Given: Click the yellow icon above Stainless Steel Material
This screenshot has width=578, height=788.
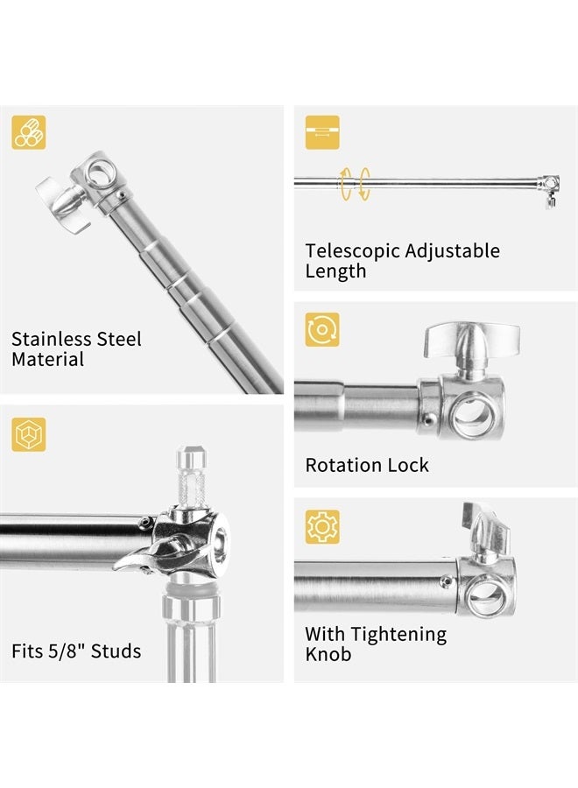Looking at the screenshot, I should (29, 133).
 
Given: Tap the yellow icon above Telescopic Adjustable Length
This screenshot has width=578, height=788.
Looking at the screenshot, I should (322, 133).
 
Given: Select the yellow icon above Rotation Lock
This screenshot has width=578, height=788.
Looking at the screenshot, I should (322, 330).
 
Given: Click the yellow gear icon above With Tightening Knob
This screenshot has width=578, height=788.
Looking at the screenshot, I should (322, 526).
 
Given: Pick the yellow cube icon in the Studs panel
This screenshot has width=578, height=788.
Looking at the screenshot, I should (29, 434).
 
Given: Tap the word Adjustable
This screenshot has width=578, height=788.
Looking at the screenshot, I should (453, 251).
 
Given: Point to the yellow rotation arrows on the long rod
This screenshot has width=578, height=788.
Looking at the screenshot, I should (355, 184).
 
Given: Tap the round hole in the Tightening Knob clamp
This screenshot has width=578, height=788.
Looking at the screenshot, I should (484, 595).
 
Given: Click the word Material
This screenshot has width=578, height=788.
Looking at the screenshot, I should (48, 359).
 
